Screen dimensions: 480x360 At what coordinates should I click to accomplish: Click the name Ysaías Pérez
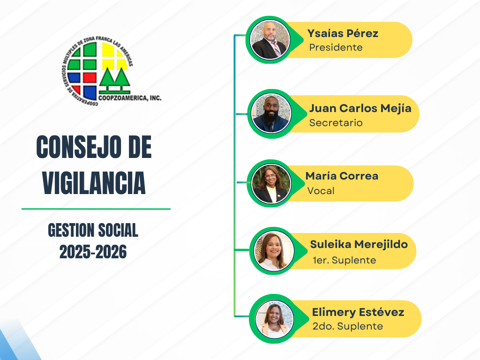tap(343, 33)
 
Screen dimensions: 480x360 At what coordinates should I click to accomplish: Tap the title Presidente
tap(336, 47)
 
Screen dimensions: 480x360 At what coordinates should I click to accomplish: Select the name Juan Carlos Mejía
tap(360, 109)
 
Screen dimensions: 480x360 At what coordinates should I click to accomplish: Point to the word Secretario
tap(336, 123)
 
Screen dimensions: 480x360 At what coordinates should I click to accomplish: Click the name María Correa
tap(342, 176)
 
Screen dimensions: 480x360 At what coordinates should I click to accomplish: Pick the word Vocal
tap(321, 191)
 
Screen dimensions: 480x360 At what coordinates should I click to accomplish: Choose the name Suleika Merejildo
tap(359, 245)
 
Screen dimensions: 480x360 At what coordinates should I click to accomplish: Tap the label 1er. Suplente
tap(344, 260)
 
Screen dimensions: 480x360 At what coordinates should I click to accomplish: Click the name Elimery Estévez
tap(358, 312)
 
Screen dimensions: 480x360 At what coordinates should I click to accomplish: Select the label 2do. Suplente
tap(347, 326)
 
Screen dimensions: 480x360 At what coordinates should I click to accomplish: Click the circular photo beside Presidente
tap(270, 40)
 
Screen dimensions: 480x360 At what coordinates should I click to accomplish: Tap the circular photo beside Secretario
tap(271, 113)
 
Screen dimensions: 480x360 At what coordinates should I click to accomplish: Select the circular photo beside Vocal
tap(271, 184)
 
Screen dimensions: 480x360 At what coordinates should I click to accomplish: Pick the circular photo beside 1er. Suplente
tap(274, 251)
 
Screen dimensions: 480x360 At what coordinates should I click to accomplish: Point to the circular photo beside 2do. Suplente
tap(274, 319)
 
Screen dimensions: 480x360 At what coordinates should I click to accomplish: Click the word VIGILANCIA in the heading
tap(94, 183)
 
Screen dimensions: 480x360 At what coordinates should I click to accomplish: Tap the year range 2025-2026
tap(93, 252)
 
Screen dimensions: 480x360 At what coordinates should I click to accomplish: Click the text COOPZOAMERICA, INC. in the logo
tap(130, 98)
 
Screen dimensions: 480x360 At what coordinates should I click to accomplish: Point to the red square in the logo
tap(90, 77)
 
